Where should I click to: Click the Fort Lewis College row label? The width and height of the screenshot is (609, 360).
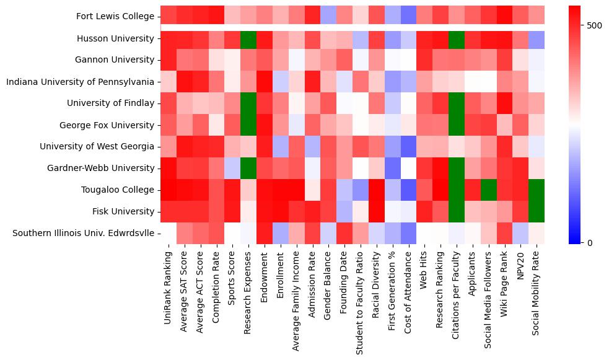point(115,17)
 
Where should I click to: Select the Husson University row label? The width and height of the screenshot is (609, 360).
point(115,38)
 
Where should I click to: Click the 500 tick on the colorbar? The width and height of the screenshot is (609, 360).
point(594,25)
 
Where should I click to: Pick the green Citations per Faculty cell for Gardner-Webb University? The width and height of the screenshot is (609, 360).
point(457,168)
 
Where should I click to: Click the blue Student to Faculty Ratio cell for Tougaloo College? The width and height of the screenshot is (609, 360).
point(361,190)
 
